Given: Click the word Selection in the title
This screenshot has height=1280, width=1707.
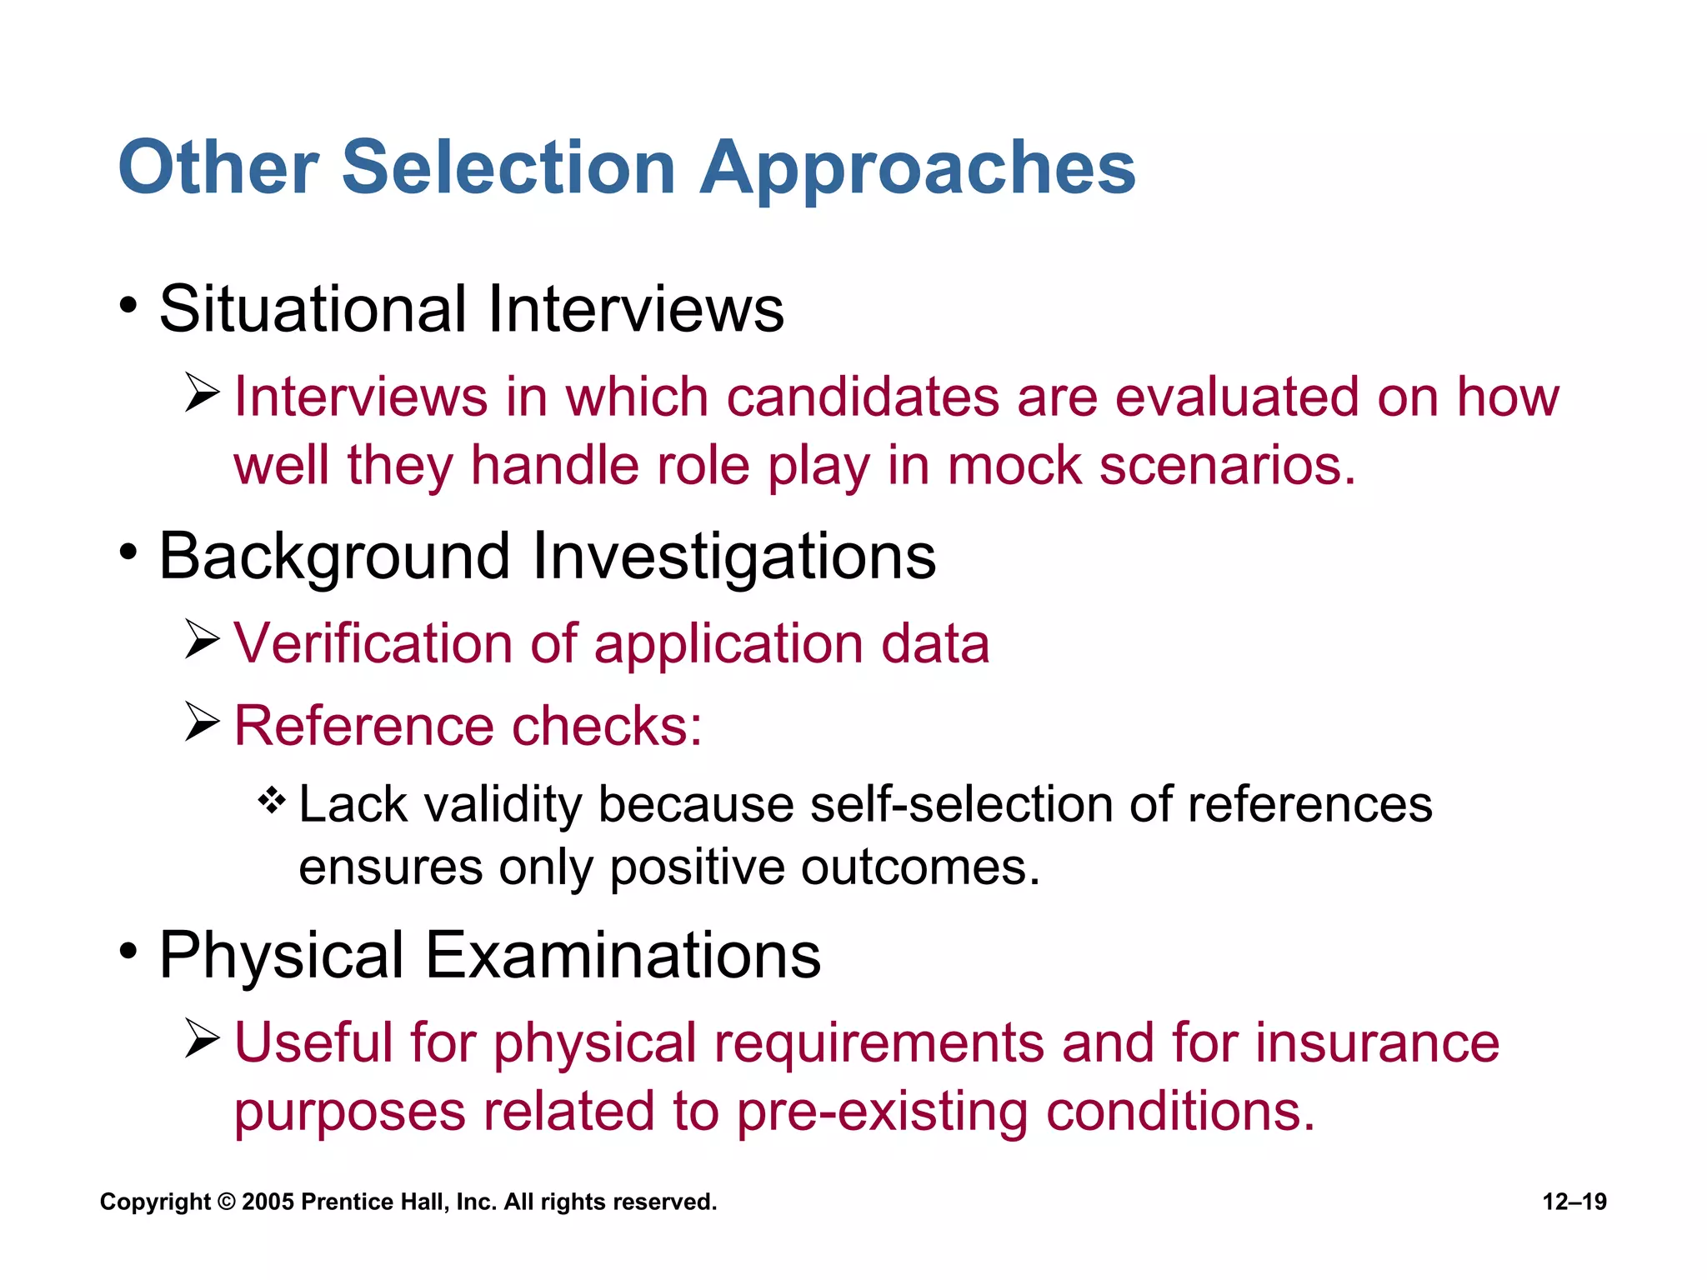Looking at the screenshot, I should [x=508, y=167].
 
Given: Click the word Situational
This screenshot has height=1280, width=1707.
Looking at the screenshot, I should [x=313, y=309].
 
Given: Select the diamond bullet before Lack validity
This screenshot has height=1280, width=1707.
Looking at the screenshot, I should [x=272, y=802].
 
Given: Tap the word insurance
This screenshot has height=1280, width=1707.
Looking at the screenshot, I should [x=1377, y=1042].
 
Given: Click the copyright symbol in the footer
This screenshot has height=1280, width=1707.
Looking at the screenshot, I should [x=226, y=1202].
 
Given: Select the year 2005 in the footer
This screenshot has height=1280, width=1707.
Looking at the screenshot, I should [x=268, y=1202].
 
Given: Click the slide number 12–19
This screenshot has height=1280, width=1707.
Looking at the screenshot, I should [x=1574, y=1202].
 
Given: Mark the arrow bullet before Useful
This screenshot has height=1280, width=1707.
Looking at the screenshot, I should [x=202, y=1039].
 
